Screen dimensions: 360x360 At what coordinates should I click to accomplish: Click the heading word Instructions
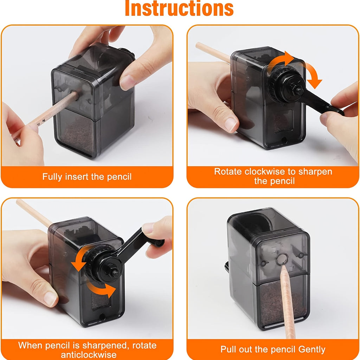click(x=179, y=8)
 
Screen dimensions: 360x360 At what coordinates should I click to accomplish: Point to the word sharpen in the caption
click(x=315, y=172)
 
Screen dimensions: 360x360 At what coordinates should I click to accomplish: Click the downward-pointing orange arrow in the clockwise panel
click(x=313, y=75)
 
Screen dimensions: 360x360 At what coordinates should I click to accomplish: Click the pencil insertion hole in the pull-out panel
click(x=282, y=259)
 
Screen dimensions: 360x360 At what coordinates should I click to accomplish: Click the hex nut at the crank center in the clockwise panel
click(x=299, y=91)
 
